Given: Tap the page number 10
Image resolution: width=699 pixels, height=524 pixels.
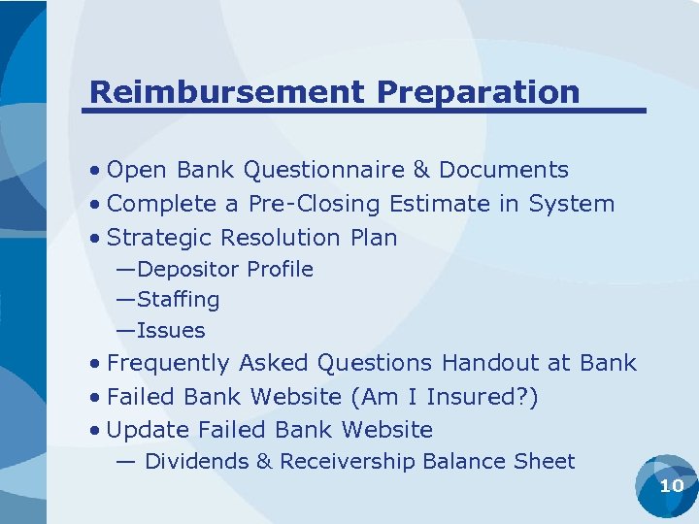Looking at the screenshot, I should click(x=671, y=485).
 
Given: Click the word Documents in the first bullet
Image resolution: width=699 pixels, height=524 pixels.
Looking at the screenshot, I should click(x=503, y=170).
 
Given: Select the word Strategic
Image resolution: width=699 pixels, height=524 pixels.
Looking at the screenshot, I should click(x=160, y=238).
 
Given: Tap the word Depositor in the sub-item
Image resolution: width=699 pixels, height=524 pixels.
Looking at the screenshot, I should click(x=189, y=269).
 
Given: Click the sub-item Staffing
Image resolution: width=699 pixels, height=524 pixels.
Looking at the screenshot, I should click(x=179, y=300).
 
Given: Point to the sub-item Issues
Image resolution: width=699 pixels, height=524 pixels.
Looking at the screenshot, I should click(x=171, y=331).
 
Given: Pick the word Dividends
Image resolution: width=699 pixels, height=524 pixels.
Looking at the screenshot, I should click(x=196, y=462).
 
